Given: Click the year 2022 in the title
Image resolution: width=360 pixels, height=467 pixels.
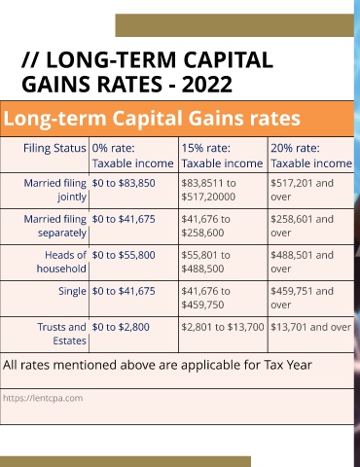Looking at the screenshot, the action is [x=206, y=85].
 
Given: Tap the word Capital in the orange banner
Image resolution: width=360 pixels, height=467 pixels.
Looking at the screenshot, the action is [x=147, y=119].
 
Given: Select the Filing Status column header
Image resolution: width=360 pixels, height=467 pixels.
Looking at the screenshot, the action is [x=54, y=148].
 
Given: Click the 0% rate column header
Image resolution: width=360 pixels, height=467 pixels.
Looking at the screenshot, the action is [x=132, y=156].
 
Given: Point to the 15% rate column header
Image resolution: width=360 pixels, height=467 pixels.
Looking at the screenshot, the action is [x=222, y=156].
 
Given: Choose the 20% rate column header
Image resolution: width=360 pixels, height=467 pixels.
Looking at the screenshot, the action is [x=311, y=156].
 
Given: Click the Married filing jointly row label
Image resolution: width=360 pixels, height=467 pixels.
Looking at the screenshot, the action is [x=54, y=190].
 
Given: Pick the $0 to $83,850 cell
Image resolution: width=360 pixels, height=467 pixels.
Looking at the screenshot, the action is [x=124, y=183].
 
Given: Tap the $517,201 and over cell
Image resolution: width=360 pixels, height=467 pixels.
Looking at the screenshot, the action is [x=302, y=190].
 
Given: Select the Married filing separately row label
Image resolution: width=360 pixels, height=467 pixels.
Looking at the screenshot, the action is [x=54, y=226].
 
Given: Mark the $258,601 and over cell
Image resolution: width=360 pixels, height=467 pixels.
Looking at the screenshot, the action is [x=302, y=226].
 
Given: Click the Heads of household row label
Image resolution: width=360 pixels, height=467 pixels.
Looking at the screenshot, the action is [x=61, y=262].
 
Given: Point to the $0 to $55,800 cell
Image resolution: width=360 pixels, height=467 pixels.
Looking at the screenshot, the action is [x=124, y=255].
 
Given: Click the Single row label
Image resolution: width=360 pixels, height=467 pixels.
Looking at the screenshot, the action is [x=72, y=291].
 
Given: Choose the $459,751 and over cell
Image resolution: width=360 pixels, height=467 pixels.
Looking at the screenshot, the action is [x=302, y=298].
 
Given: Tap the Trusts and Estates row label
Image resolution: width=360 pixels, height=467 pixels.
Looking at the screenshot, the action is [x=61, y=334].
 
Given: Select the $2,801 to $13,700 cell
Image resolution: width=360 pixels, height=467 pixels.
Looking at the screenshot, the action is [x=223, y=327].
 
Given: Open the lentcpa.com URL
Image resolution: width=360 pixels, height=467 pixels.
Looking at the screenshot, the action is [x=43, y=398].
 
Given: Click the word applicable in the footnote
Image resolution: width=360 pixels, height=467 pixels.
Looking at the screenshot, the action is [x=211, y=366].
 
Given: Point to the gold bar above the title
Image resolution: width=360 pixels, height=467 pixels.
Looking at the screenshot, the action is [x=234, y=25].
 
